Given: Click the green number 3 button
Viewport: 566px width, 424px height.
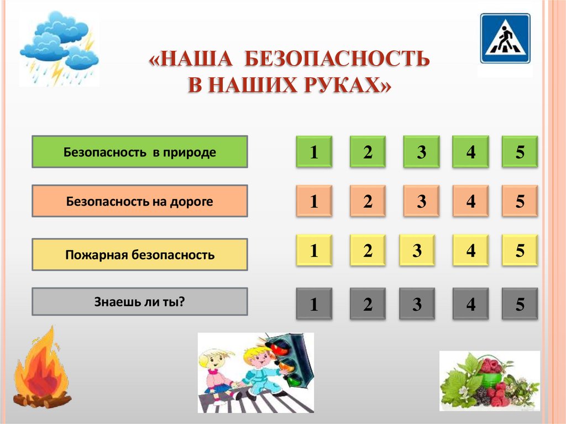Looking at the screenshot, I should (x=421, y=152).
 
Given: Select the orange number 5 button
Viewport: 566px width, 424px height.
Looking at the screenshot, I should (x=520, y=201).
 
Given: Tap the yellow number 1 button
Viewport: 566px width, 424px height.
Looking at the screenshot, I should (x=314, y=251).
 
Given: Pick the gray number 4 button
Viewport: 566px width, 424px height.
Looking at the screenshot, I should (x=470, y=304).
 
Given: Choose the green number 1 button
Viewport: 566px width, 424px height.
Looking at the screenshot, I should (x=314, y=152).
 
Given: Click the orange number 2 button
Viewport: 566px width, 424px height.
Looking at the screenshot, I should (x=368, y=201).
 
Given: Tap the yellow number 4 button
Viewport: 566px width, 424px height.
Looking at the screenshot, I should (x=470, y=251).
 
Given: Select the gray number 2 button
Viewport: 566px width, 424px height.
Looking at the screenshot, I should (x=368, y=304).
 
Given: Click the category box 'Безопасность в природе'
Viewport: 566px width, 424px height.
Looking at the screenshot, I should (x=140, y=152).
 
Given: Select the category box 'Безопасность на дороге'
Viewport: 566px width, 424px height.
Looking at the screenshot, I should (x=140, y=201).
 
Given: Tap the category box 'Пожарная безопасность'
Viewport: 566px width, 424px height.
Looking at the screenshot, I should (x=140, y=255).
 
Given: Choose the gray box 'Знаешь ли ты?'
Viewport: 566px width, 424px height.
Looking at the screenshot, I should (x=140, y=302).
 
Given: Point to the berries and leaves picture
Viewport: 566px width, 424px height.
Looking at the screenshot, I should (x=489, y=382).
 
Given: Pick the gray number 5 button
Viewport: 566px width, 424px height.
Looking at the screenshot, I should (x=520, y=304).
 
